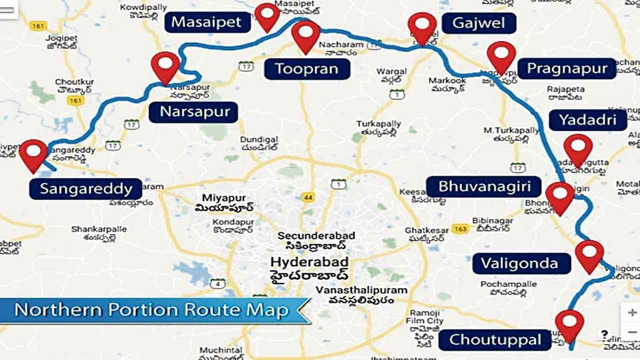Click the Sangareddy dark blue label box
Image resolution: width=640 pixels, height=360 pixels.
tap(85, 189)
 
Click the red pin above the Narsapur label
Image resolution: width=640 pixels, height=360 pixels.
tap(165, 65)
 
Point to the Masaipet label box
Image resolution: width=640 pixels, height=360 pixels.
tap(207, 22)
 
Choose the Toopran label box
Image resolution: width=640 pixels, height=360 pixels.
tap(306, 68)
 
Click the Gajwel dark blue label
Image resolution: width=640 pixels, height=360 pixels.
tap(478, 22)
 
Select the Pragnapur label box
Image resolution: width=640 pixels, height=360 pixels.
tap(566, 68)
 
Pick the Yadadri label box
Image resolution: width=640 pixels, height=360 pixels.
tap(587, 120)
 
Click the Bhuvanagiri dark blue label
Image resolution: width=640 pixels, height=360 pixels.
tap(483, 186)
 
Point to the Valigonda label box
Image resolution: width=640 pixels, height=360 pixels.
tap(521, 263)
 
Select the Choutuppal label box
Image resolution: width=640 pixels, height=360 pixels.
tap(495, 339)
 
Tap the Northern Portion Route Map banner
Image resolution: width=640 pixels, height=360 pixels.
tap(152, 310)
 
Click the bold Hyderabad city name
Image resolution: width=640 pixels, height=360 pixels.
tap(309, 262)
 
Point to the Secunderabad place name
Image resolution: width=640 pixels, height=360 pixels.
tap(316, 235)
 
